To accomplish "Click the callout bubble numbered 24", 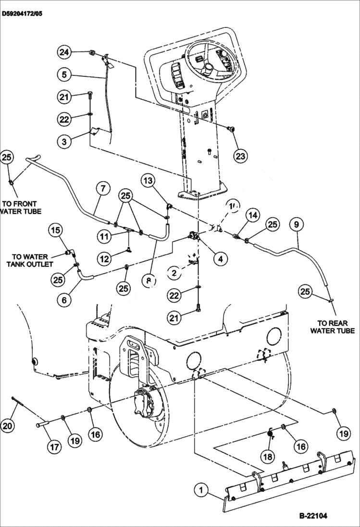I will (64, 51).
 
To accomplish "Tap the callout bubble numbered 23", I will (241, 155).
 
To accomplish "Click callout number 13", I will (149, 181).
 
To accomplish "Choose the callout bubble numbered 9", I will (297, 224).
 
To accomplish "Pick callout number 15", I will (56, 231).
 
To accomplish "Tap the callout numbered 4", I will (220, 259).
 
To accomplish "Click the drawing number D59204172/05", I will (22, 14).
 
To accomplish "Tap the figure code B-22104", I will (313, 516).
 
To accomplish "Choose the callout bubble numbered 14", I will (254, 215).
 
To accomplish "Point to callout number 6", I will (64, 300).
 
